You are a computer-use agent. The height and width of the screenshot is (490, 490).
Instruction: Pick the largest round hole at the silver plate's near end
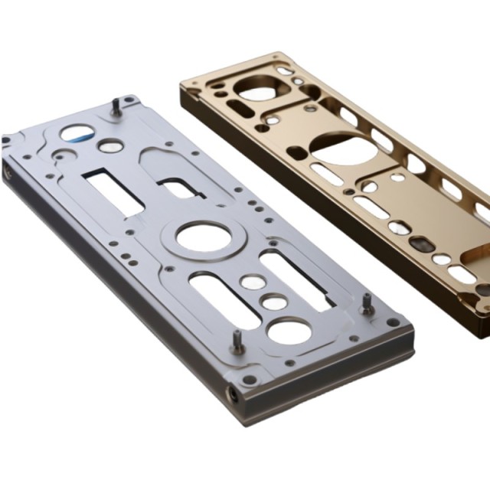tap(289, 332)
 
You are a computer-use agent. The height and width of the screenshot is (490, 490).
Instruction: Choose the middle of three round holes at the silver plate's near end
tap(269, 302)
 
